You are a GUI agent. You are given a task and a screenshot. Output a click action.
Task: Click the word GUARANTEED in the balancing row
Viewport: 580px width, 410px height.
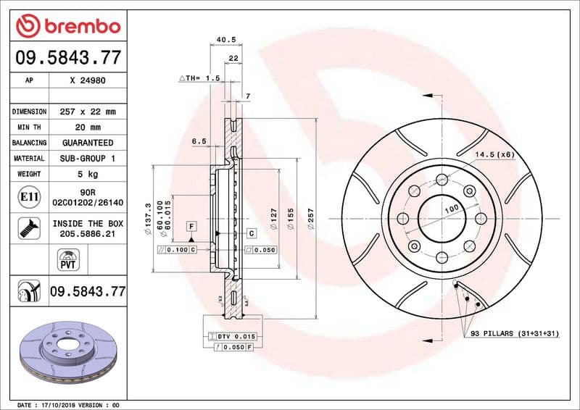tap(88, 143)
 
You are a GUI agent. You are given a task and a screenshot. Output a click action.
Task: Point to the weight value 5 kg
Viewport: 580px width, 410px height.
tap(88, 174)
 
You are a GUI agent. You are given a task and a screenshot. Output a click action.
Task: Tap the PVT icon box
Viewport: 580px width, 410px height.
tap(67, 259)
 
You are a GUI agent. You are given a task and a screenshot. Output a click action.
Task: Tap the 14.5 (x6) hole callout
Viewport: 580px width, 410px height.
tap(494, 154)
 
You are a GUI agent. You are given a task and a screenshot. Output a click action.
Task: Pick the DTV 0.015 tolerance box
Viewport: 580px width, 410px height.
tap(236, 337)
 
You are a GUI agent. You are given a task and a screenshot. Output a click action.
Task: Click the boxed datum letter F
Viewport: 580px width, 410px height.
tap(191, 226)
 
